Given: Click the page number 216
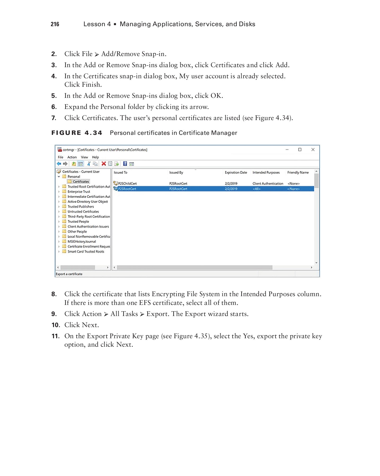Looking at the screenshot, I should coord(55,24).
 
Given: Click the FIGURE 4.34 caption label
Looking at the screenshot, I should coord(77,133).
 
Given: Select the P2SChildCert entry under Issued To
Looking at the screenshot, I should coord(127,184).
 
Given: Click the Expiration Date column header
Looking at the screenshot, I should coord(236,172).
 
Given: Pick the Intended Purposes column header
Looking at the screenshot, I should coord(266,172).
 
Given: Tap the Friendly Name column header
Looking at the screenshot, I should coord(298,172).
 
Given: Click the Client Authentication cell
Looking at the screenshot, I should coord(268,184).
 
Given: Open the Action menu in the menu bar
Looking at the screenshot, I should coord(72,157).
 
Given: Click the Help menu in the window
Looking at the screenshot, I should coord(95,157).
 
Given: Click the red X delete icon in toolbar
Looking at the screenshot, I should coord(104,164).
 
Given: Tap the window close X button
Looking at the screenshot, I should coord(313,150).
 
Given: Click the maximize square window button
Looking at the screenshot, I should coord(300,150).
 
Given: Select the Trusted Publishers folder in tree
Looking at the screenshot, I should coord(81,207).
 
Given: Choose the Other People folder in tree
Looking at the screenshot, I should coord(77,231).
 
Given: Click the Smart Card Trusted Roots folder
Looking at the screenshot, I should coord(86,251).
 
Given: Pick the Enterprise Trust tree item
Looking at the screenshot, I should coord(79,191).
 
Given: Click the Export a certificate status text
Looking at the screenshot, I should coord(69,274).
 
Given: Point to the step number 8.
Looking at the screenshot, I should coord(54,294).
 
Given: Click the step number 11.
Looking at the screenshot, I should coord(55,336).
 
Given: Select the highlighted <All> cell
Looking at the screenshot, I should coord(257,189).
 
